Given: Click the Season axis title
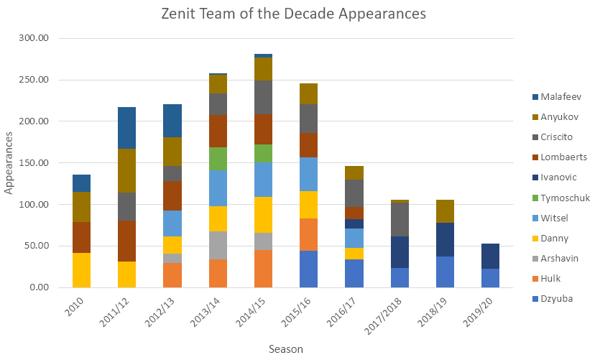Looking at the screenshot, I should pos(286,349).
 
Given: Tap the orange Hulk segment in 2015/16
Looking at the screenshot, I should pos(308,234).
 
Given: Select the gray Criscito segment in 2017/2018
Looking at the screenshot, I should pos(400,219).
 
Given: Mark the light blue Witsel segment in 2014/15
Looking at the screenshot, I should pos(263,179).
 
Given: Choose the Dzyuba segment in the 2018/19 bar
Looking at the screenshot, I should pos(445,272).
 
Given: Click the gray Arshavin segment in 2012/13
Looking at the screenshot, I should pos(172,258).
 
